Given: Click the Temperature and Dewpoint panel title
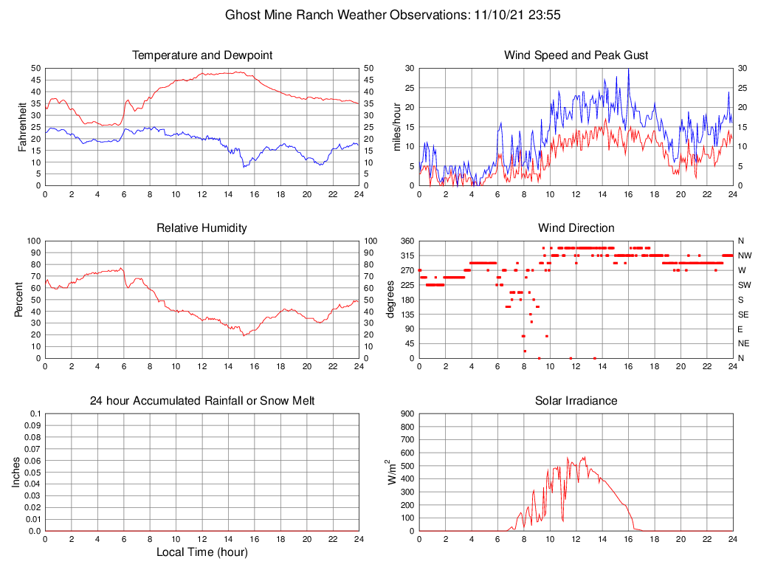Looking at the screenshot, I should click(202, 55).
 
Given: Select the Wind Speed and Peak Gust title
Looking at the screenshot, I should click(576, 55).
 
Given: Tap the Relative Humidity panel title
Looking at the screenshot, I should click(202, 228).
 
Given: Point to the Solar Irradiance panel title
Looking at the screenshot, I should click(576, 401).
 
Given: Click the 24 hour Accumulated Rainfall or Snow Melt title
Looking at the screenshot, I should click(202, 401).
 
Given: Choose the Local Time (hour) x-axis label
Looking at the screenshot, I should click(202, 552).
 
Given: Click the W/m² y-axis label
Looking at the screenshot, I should click(392, 472).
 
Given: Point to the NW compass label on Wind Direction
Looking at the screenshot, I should click(745, 255).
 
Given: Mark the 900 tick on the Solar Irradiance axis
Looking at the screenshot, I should click(406, 413).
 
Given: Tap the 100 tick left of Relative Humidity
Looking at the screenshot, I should click(32, 241).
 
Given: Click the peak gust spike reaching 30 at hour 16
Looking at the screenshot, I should click(628, 70).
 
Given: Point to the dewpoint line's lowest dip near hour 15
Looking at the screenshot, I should click(244, 166).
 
